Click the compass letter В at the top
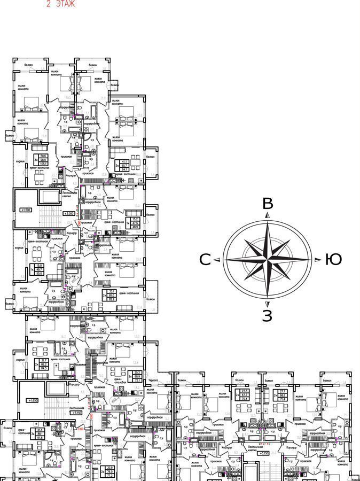coord(268,204)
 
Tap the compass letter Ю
coord(333,260)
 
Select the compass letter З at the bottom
coord(267,316)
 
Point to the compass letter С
coord(205,260)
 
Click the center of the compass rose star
coord(268,260)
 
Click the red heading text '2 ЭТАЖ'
coord(60,4)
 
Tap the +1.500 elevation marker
coord(26,210)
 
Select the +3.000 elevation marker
coord(68,213)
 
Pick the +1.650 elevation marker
coord(33,400)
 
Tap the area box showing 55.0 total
coord(39,269)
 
